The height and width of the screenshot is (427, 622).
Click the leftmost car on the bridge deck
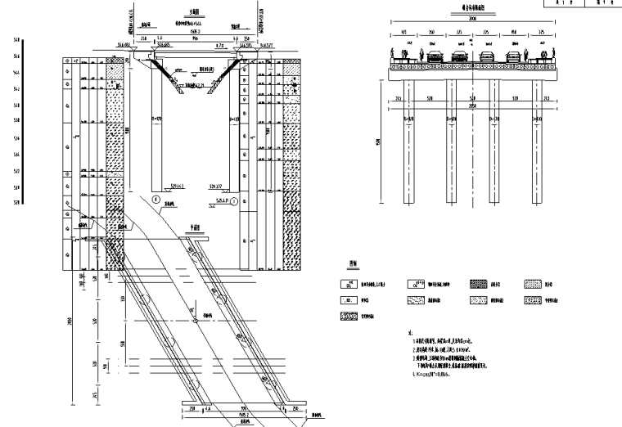pos(432,57)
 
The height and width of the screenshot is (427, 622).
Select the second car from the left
pos(460,57)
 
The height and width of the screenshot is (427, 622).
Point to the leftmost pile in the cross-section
pos(410,131)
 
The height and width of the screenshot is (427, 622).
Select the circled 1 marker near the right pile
pos(234,200)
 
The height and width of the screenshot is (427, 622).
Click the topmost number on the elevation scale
pos(16,39)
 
